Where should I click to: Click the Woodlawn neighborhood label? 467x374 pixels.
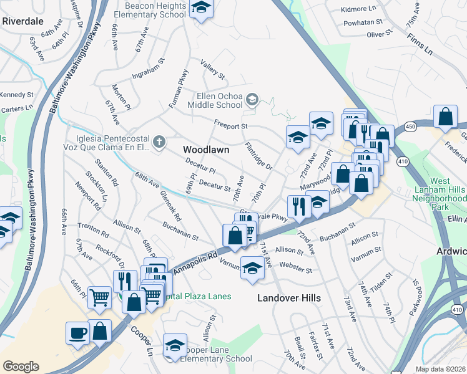pyautogui.click(x=206, y=150)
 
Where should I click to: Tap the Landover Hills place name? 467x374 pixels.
pyautogui.click(x=289, y=298)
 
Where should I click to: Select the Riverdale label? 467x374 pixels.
pyautogui.click(x=22, y=20)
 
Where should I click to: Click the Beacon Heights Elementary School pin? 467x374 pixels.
pyautogui.click(x=201, y=9)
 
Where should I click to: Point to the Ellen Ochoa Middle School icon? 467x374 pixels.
pyautogui.click(x=252, y=99)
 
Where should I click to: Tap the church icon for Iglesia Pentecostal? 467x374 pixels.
pyautogui.click(x=159, y=142)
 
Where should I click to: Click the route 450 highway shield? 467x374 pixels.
pyautogui.click(x=410, y=127)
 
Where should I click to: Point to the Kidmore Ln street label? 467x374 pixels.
pyautogui.click(x=360, y=9)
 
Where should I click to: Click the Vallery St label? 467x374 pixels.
pyautogui.click(x=212, y=68)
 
